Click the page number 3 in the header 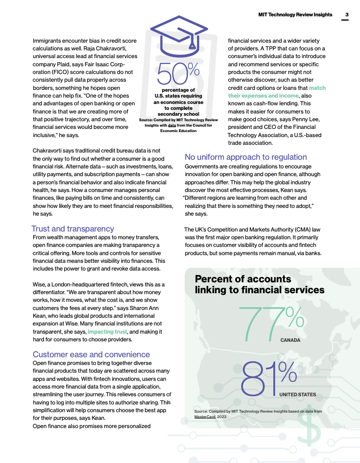coord(346,15)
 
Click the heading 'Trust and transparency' coord(73,229)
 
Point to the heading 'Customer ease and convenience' coord(91,355)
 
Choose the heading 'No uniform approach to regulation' coord(246,157)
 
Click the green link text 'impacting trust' coord(108,332)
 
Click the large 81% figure coord(269,378)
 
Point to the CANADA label coord(290,340)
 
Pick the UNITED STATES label coord(297,394)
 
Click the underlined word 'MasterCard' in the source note coord(205,416)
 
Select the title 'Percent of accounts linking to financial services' coord(259,285)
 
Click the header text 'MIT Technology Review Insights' coord(295,15)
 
